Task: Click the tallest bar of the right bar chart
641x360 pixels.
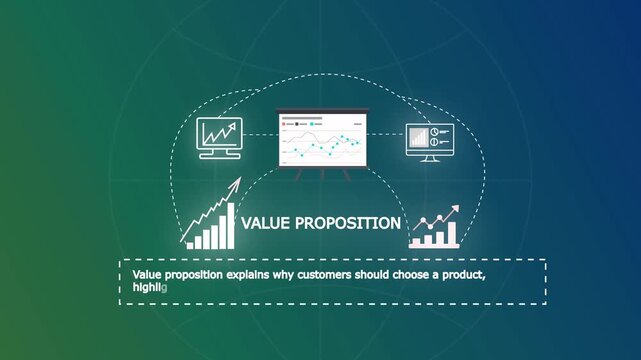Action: coord(452,234)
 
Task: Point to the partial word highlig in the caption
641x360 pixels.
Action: coord(149,287)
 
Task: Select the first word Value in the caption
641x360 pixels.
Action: coord(147,273)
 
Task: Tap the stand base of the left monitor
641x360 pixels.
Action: coord(219,156)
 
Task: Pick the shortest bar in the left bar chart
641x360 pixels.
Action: coord(190,244)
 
